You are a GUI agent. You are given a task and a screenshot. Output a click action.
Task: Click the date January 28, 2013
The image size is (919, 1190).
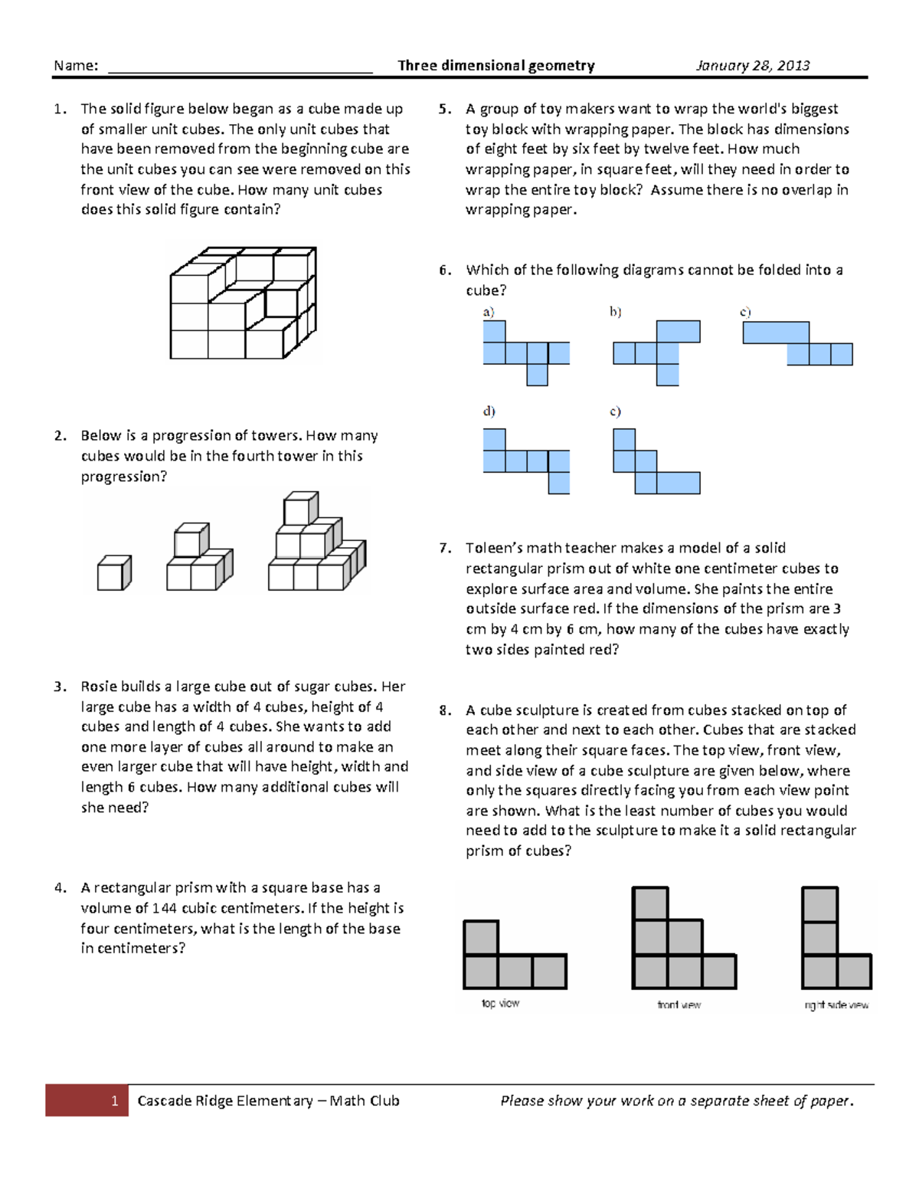752,66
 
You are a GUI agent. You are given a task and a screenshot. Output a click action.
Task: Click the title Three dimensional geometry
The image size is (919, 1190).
495,66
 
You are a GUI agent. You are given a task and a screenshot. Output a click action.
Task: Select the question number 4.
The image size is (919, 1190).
60,888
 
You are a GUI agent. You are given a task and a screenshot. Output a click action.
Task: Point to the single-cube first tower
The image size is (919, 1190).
114,573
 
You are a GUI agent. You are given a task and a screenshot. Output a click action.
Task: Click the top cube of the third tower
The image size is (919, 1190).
300,509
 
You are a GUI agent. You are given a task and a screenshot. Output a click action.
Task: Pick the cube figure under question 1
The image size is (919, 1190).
243,303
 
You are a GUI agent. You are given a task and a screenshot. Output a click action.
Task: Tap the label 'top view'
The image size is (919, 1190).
500,1004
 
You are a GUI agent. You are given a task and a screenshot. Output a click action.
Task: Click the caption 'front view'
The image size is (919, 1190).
679,1005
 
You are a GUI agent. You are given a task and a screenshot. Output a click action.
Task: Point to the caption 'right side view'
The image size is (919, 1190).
836,1005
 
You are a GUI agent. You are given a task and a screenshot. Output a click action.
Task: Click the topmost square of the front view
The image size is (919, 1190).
650,903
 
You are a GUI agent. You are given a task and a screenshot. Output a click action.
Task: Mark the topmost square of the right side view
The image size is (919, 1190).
819,904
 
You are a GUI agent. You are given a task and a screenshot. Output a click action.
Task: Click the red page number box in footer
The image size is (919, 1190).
87,1100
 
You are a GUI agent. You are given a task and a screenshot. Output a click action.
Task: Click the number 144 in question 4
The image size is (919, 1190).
164,909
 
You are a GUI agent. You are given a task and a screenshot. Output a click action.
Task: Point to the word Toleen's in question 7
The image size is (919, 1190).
493,549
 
